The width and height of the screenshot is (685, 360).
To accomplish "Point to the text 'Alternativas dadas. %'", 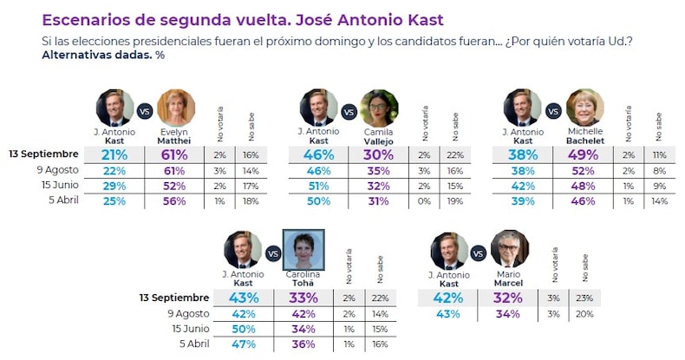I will click(x=103, y=55).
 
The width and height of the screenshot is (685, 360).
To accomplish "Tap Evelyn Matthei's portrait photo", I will click(x=175, y=108).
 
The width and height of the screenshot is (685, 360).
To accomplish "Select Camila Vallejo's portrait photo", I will click(x=379, y=108).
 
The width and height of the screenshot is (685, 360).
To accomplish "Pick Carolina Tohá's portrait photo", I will click(x=303, y=250).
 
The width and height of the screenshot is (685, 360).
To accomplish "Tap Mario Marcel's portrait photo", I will click(x=508, y=250).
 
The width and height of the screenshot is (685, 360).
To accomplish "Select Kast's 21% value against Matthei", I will click(x=114, y=154).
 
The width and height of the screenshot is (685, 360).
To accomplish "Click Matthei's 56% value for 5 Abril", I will click(x=176, y=201).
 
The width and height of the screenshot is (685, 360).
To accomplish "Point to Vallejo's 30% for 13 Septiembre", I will click(x=379, y=154).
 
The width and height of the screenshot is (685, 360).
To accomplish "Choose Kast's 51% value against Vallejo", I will click(x=318, y=186).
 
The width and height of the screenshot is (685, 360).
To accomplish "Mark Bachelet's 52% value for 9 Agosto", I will click(x=584, y=170).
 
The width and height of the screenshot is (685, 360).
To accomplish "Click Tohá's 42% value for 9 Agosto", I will click(x=303, y=313).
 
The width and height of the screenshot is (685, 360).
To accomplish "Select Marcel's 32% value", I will click(x=508, y=298).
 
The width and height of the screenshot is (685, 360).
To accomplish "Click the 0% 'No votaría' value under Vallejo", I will click(x=423, y=201).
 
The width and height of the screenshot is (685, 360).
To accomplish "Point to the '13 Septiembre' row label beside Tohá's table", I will click(x=174, y=297).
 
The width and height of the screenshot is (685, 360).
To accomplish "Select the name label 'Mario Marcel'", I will click(x=509, y=278).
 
